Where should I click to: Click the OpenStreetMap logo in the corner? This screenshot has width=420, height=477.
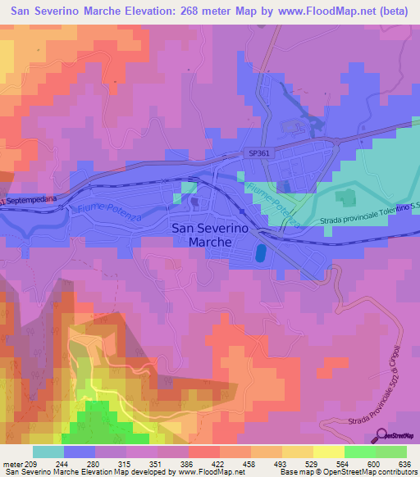pyautogui.click(x=398, y=435)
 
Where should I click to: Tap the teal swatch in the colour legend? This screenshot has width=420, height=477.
pyautogui.click(x=48, y=452)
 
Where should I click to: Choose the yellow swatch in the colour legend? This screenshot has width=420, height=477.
pyautogui.click(x=327, y=452)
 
